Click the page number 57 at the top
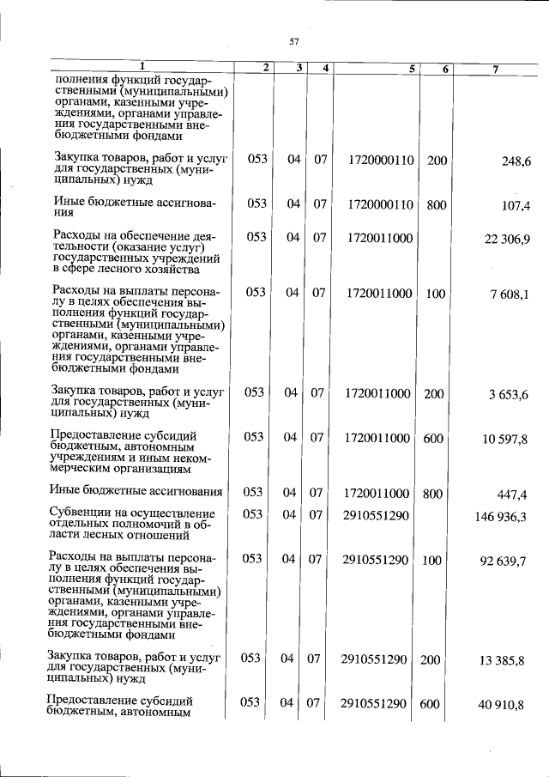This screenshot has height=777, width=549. [x=293, y=40]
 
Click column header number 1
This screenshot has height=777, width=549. [x=142, y=67]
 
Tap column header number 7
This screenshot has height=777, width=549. [x=495, y=69]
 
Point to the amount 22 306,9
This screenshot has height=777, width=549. [x=507, y=239]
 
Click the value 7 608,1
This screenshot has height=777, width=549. [x=510, y=294]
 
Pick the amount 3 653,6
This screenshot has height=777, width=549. [x=509, y=394]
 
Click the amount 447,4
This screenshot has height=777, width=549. [x=514, y=494]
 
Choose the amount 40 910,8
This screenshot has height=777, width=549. [x=505, y=704]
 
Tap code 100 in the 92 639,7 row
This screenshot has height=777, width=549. [x=436, y=559]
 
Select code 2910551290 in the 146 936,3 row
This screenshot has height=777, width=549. [x=375, y=514]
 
